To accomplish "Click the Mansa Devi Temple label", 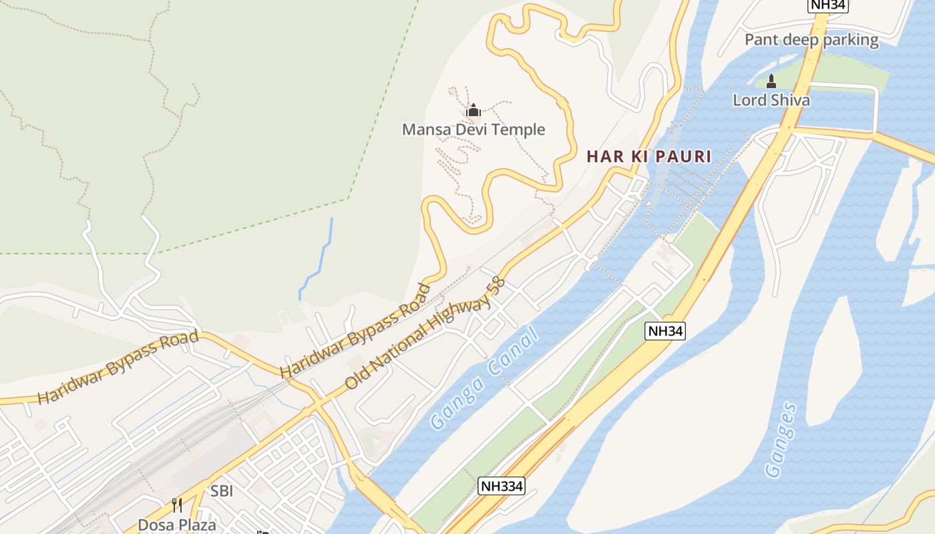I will tap(474, 129).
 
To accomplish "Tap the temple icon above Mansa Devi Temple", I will tap(474, 110).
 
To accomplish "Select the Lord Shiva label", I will tap(771, 100).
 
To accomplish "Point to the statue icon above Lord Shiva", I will tap(771, 81).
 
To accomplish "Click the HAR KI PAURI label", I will tap(648, 157).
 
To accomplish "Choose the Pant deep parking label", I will tap(811, 40).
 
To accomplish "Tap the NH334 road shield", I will tap(502, 486).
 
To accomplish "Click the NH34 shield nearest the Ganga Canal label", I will tap(666, 330).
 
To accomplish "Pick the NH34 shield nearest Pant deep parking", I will tap(827, 5).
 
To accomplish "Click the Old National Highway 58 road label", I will tap(425, 334).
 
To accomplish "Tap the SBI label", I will tap(222, 491).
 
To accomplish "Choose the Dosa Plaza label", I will tap(177, 525).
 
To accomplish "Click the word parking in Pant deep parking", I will tap(851, 40).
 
